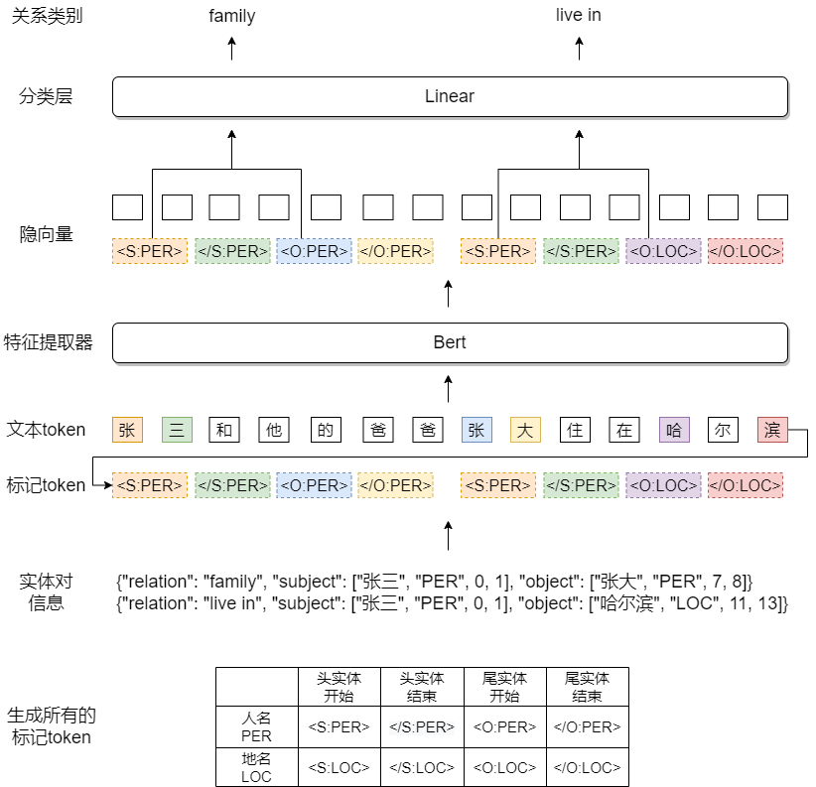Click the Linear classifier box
[x=450, y=96]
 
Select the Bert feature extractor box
[x=450, y=342]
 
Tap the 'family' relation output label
[x=232, y=16]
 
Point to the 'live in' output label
[x=578, y=15]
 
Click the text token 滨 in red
[x=772, y=430]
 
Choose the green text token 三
[x=177, y=430]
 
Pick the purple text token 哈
[x=674, y=430]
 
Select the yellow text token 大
[x=525, y=430]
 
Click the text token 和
[x=224, y=430]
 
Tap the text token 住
[x=575, y=430]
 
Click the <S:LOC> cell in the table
[x=340, y=767]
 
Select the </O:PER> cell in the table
[x=588, y=726]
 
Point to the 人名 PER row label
[x=256, y=726]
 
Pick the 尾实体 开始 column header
[x=505, y=687]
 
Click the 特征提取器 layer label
[x=48, y=342]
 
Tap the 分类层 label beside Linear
[x=46, y=96]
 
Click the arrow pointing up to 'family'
[x=232, y=49]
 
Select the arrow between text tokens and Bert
[x=448, y=389]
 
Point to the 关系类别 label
[x=47, y=16]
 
